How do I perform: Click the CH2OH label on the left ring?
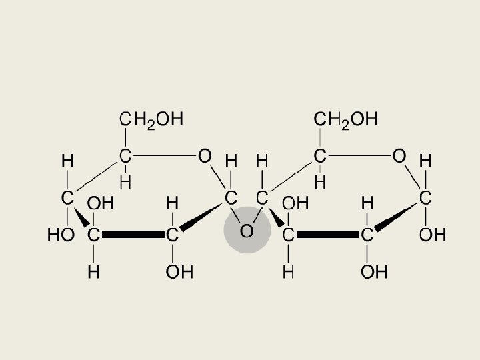pos(151,119)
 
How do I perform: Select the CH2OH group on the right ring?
pos(345,119)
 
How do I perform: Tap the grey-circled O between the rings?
pos(247,231)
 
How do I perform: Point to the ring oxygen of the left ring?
pos(205,156)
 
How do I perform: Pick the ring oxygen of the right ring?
pos(399,156)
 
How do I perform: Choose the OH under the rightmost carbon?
pos(432,235)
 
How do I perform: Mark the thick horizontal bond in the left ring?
pos(133,235)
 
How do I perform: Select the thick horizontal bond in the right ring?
pos(328,235)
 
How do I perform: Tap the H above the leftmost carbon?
pos(67,161)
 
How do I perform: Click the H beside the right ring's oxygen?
pos(425,161)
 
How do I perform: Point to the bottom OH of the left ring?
pos(179,272)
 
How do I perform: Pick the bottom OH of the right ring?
pos(374,272)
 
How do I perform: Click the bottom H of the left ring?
pos(94,272)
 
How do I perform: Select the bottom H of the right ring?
pos(289,272)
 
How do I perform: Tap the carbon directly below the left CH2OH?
pos(125,156)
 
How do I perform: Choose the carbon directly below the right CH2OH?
pos(320,156)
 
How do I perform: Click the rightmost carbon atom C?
pos(425,197)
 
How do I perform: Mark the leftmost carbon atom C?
pos(67,197)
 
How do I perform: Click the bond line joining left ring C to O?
pos(164,156)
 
